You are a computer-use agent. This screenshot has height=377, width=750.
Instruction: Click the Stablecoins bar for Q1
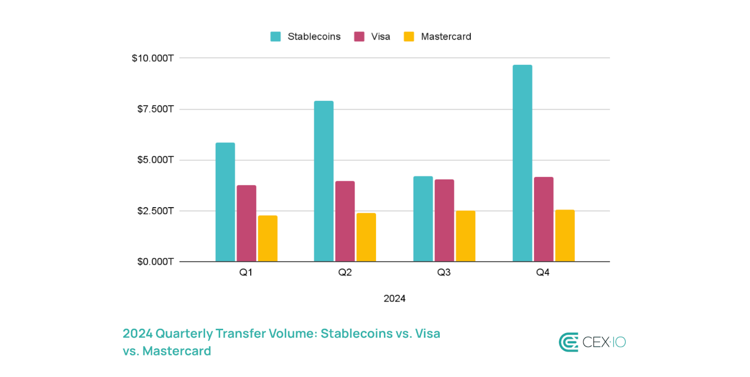tap(225, 202)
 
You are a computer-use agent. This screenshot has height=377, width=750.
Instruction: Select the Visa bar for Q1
tap(246, 223)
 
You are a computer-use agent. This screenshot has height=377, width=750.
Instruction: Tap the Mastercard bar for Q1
tap(267, 238)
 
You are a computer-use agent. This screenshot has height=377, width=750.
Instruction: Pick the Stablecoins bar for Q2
tap(324, 181)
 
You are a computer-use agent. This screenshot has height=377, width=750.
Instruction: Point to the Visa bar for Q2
tap(345, 221)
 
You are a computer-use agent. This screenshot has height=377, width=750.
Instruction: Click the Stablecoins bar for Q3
tap(423, 219)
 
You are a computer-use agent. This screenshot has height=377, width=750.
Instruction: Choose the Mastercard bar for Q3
tap(466, 236)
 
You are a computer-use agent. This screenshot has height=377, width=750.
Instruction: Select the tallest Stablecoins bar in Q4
tap(522, 163)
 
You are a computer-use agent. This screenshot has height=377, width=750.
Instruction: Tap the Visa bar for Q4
tap(544, 219)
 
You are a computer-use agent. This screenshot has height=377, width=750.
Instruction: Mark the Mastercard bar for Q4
tap(565, 235)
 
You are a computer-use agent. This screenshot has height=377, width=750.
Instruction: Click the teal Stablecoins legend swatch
tap(275, 37)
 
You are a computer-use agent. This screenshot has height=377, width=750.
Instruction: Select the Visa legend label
tap(381, 37)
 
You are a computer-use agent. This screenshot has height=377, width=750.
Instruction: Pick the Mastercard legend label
tap(446, 37)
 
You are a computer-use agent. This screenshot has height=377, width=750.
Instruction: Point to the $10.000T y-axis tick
tap(152, 58)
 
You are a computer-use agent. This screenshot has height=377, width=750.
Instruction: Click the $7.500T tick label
tap(155, 109)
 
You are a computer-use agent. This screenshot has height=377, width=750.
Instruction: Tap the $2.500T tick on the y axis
tap(155, 211)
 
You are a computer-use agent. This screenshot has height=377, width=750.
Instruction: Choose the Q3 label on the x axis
tap(444, 272)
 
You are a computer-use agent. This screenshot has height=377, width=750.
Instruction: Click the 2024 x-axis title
tap(395, 299)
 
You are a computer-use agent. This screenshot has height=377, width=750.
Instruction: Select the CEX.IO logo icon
tap(568, 342)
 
